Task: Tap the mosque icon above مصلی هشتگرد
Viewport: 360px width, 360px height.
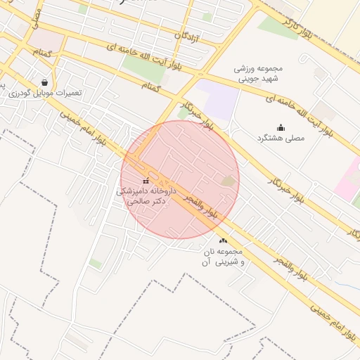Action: click(x=281, y=127)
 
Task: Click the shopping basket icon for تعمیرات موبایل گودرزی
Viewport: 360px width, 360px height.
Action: click(x=45, y=82)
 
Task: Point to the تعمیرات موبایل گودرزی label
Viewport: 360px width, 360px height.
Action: click(x=45, y=93)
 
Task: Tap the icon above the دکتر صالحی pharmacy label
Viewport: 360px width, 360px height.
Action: click(x=146, y=181)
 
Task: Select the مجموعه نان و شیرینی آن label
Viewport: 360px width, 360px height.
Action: click(x=223, y=257)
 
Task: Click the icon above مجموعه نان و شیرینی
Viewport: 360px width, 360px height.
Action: click(x=224, y=241)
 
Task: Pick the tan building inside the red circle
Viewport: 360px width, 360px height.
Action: click(x=229, y=182)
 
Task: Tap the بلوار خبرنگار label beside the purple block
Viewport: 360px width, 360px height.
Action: click(x=196, y=115)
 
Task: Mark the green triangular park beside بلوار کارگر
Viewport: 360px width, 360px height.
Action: click(x=276, y=27)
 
